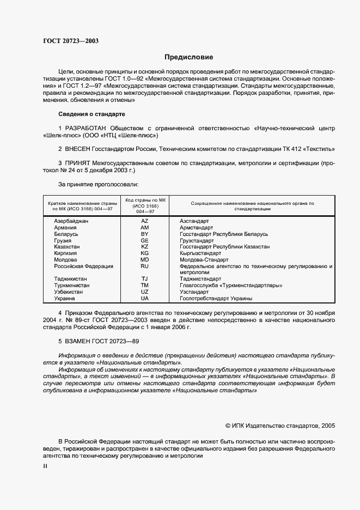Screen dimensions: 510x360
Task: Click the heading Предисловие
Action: pos(189,57)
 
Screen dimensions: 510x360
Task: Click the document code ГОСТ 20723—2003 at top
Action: pos(70,41)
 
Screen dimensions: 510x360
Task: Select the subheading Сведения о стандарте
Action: pos(91,114)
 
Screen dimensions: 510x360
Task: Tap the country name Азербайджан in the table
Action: pos(71,221)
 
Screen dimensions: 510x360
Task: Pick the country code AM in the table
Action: pos(144,227)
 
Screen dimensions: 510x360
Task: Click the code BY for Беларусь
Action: pos(144,234)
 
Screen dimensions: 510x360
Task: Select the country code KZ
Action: pos(144,247)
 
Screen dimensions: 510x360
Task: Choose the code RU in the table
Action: pos(144,266)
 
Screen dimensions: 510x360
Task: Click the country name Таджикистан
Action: pos(70,279)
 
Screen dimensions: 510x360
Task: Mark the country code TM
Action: pos(144,286)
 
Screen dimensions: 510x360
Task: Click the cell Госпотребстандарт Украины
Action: pos(216,299)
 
